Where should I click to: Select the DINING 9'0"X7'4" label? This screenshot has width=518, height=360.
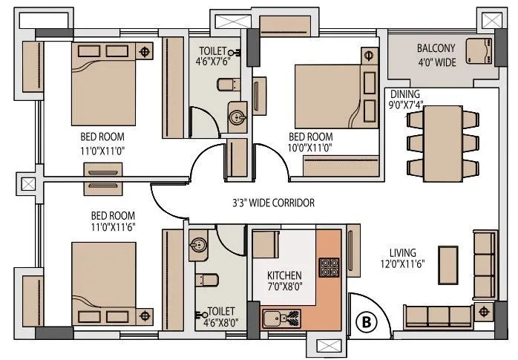(405, 99)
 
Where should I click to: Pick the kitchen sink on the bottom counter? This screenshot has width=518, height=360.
(274, 320)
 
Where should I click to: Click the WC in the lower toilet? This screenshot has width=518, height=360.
(207, 280)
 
